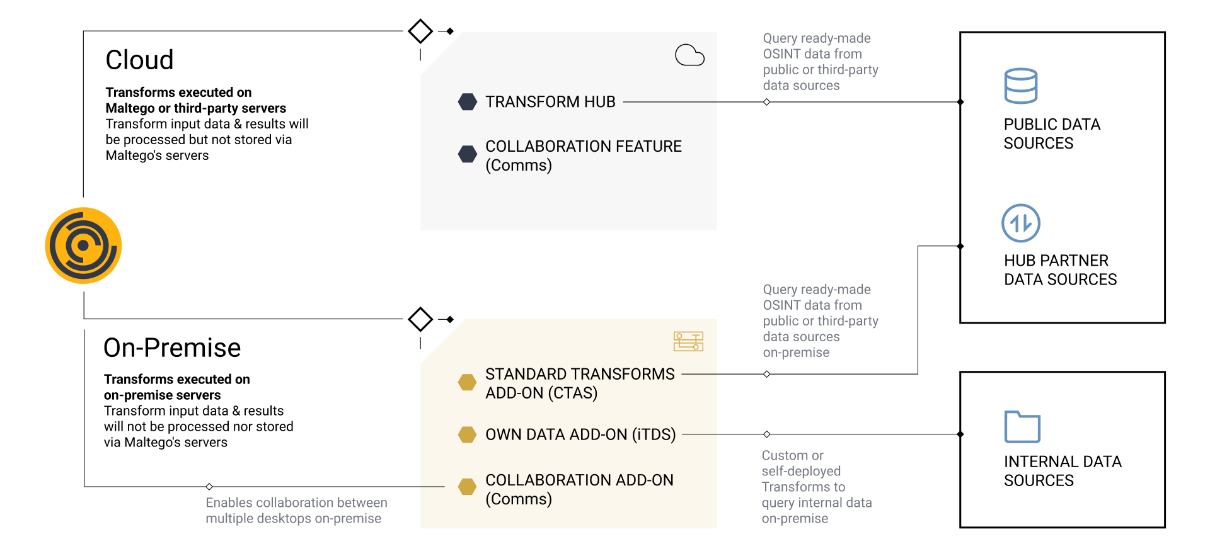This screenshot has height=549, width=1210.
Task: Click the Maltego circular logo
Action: point(83,246)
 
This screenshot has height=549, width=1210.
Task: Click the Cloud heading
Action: point(139,60)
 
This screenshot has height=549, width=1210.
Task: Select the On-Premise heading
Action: point(172,348)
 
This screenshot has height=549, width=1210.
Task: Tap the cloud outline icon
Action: point(689,55)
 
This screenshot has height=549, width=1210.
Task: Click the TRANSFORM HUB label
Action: point(550,102)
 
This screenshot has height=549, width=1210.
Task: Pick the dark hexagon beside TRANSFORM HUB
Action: point(468,102)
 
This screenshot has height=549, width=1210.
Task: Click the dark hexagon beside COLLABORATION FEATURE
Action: point(468,154)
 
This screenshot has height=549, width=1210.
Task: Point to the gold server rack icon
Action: point(688,341)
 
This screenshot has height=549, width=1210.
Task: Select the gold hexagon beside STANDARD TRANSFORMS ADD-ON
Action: point(467,382)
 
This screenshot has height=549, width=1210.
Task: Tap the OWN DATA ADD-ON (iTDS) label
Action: point(580,434)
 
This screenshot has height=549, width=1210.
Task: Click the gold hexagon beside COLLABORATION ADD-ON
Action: point(467,487)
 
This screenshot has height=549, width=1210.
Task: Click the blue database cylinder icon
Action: point(1020,86)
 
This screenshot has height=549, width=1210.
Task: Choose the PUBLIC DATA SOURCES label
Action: point(1052,133)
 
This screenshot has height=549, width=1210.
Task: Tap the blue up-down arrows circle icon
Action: point(1021,223)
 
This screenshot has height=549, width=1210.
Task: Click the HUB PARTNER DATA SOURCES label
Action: point(1060,269)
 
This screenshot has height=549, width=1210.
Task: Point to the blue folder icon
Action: point(1022,426)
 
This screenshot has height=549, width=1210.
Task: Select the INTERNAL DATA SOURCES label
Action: point(1063,471)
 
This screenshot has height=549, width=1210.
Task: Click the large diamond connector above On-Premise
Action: point(420,319)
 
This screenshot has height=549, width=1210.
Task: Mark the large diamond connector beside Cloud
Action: point(420,31)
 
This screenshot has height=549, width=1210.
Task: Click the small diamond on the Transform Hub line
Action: point(767,102)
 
